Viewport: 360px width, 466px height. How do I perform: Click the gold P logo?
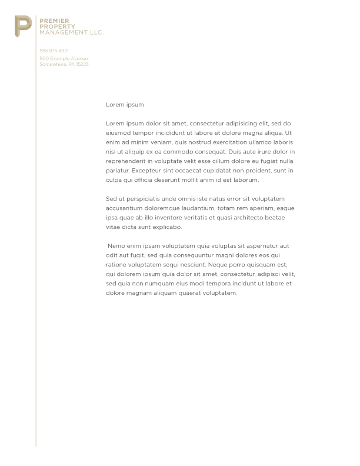(23, 26)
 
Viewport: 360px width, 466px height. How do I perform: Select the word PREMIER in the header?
(50, 21)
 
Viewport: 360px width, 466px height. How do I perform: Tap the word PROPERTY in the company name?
(53, 26)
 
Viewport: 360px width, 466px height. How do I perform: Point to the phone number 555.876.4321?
(54, 51)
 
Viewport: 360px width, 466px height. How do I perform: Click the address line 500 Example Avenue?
(64, 58)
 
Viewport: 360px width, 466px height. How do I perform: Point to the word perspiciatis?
(145, 199)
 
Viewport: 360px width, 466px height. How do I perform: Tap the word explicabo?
(169, 227)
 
